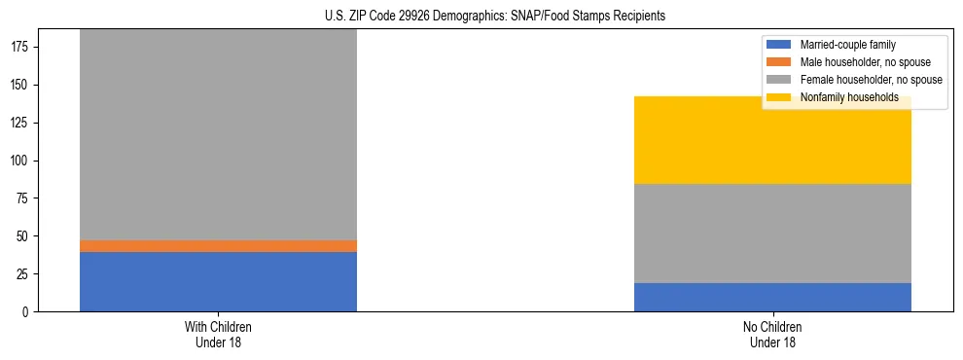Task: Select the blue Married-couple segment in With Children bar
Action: [x=218, y=281]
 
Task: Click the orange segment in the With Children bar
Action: [x=218, y=246]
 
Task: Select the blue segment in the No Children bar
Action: [x=772, y=297]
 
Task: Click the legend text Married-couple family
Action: [x=847, y=45]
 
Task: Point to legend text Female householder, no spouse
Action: [x=871, y=80]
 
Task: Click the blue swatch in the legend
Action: [x=780, y=45]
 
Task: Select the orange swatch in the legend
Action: [x=780, y=62]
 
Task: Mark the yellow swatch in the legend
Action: [x=780, y=97]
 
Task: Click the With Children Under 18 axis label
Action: [x=218, y=334]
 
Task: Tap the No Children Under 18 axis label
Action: [x=772, y=334]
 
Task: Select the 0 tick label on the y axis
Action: [x=27, y=311]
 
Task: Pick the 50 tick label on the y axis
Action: [x=24, y=236]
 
